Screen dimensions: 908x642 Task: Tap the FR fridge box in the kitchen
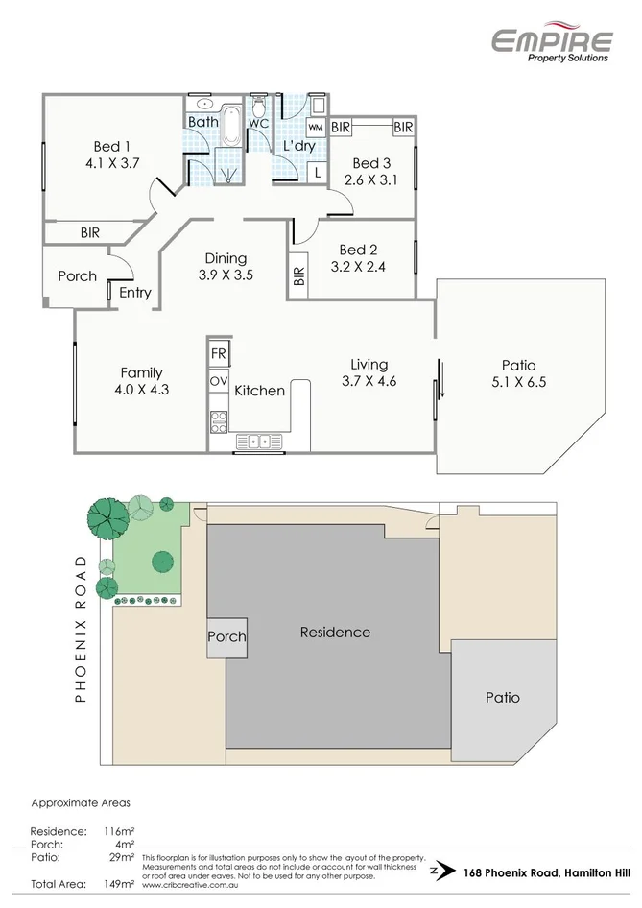tap(219, 354)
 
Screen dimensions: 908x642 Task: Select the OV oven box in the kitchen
tap(219, 381)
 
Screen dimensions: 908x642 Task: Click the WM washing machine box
tap(316, 127)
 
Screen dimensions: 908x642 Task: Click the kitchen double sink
tap(259, 442)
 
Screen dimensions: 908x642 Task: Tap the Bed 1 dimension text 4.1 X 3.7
tap(111, 163)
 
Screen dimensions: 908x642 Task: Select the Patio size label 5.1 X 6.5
tap(518, 381)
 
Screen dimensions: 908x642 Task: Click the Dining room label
tap(226, 258)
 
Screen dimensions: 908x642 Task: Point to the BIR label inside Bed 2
tap(298, 277)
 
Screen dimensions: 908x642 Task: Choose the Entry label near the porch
tap(134, 293)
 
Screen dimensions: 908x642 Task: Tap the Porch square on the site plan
tap(226, 636)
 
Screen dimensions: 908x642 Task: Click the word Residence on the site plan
tap(335, 632)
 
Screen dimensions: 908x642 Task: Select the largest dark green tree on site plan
tap(107, 519)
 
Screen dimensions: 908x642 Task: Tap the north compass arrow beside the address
tap(441, 872)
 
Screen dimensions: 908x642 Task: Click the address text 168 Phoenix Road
tap(500, 872)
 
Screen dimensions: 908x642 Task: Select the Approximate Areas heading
tap(81, 802)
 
